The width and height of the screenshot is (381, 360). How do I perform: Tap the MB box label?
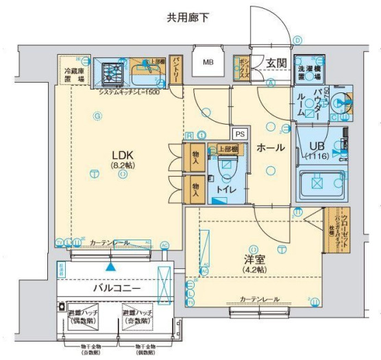(207, 65)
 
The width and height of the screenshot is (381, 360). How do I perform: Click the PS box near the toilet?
(239, 134)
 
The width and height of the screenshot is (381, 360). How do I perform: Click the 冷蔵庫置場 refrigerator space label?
(74, 75)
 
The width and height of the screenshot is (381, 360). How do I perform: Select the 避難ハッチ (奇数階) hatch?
(138, 317)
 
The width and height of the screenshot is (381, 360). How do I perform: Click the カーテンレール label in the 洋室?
(259, 300)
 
